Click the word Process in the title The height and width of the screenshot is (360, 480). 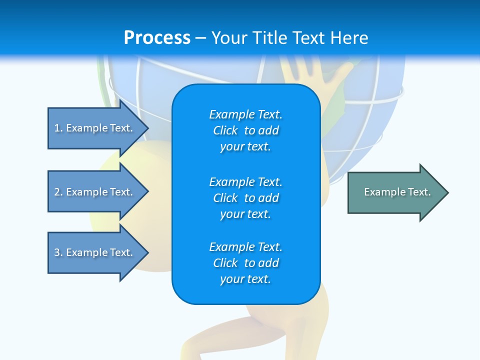[157, 38]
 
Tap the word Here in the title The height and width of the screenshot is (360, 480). [349, 38]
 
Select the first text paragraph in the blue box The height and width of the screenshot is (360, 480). [245, 130]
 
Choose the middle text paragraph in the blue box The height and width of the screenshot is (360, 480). [245, 198]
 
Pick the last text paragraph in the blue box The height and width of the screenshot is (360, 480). [245, 263]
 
